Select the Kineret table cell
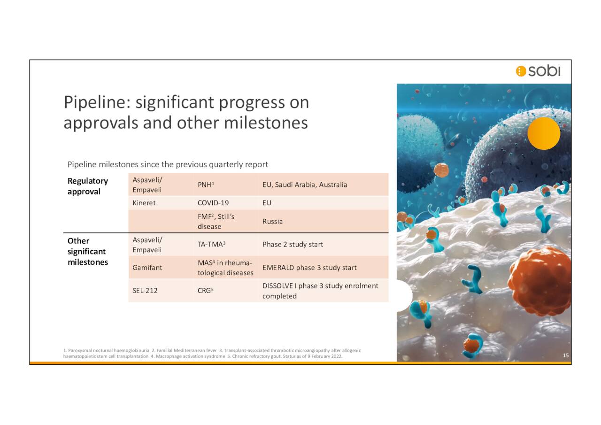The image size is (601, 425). click(144, 203)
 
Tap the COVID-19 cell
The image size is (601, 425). click(213, 203)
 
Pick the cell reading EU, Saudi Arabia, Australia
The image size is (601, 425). click(305, 185)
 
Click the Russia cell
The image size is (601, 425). click(272, 221)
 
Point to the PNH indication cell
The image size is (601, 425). click(206, 185)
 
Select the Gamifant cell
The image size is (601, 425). click(147, 267)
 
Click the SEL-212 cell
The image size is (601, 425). click(145, 291)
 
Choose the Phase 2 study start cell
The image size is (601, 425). click(293, 244)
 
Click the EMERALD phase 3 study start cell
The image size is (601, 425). click(309, 267)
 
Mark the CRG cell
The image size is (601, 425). click(205, 291)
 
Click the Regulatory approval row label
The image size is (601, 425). click(87, 186)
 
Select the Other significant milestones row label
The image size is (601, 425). click(87, 251)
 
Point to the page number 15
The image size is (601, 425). click(566, 355)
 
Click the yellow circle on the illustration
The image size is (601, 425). click(543, 133)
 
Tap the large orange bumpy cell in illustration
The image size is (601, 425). click(540, 280)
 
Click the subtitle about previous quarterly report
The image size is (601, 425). click(168, 164)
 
